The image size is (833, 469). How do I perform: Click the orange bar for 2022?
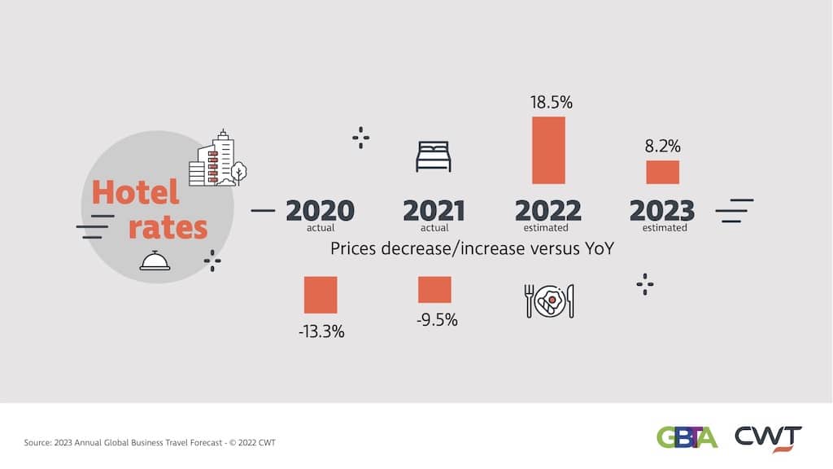point(548,150)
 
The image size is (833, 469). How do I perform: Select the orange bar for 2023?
point(662,172)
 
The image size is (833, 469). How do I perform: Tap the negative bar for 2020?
point(321,295)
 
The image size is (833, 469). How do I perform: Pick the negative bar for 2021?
point(434,290)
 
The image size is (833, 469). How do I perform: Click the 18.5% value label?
point(552,103)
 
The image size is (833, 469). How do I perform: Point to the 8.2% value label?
point(662,147)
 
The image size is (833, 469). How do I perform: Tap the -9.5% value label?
point(437,320)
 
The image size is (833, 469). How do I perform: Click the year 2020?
point(320,211)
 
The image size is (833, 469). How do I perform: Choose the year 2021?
point(434,211)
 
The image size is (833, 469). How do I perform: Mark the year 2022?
point(548,211)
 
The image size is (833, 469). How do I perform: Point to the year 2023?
point(662,211)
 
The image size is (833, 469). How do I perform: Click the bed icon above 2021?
point(434,156)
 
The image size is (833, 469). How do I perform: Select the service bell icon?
point(155,260)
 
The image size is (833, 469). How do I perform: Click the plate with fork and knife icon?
point(549,300)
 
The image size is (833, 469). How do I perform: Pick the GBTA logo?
point(687,437)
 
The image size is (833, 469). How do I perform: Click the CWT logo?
point(768,437)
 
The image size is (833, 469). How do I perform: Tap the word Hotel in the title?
point(135,193)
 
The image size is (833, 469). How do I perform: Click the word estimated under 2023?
point(665,228)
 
